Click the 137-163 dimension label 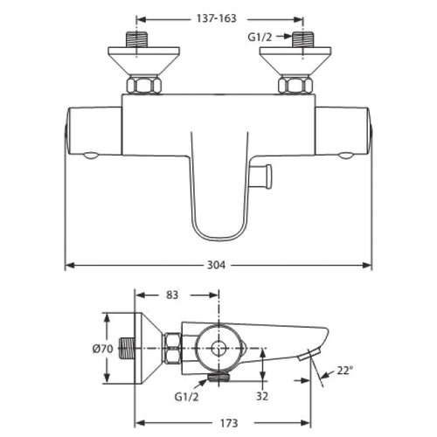click(x=216, y=19)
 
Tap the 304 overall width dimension click(x=216, y=265)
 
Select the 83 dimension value click(x=172, y=295)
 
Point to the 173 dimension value click(x=229, y=423)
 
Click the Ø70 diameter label click(x=103, y=349)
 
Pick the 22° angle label click(x=345, y=371)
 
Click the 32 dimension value click(x=262, y=396)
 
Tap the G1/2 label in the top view click(x=260, y=37)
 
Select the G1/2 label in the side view click(x=187, y=397)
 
